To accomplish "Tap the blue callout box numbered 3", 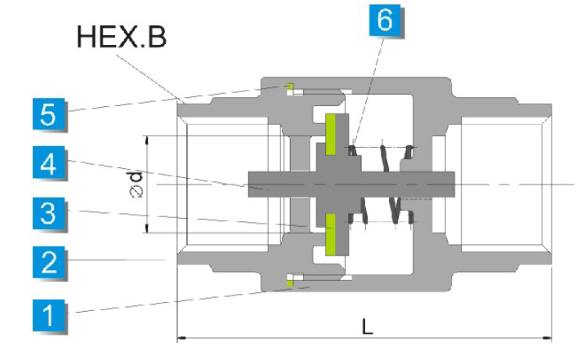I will point(50,216).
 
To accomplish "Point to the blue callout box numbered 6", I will point(385,18).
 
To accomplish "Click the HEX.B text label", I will point(122,36).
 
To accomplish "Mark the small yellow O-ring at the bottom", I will point(289,282).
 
